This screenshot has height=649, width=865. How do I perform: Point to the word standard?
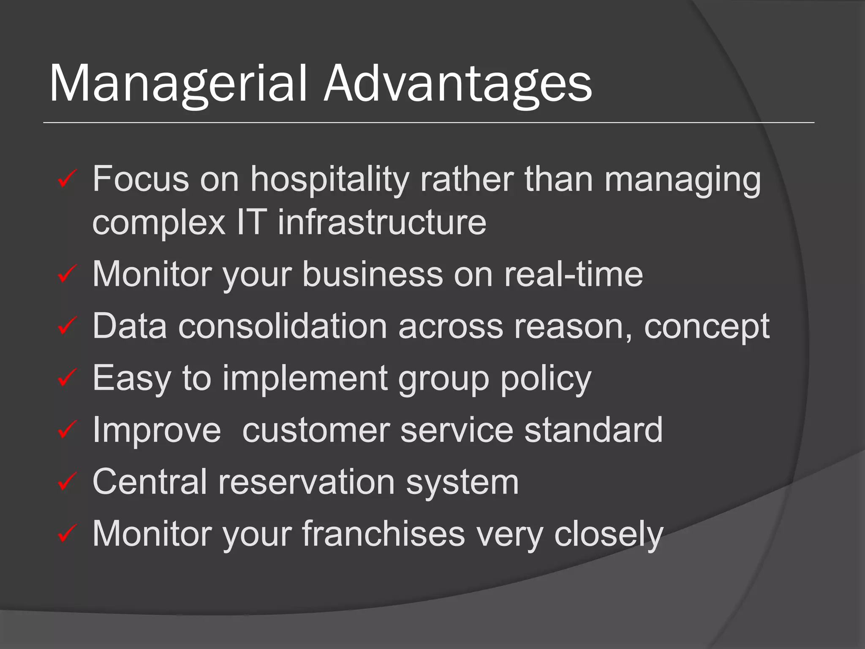tap(593, 430)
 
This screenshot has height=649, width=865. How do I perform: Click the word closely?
tap(609, 534)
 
